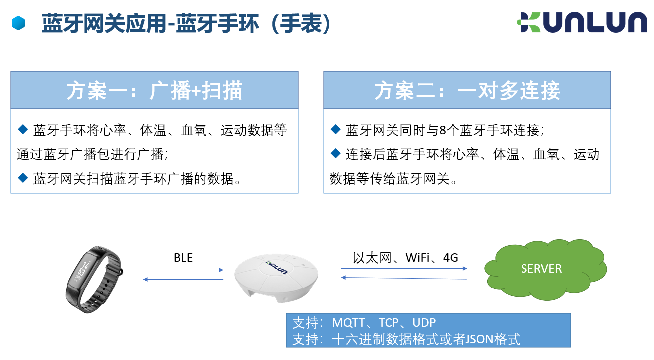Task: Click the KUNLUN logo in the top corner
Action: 582,22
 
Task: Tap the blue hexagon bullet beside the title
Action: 18,23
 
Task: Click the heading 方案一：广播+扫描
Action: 154,90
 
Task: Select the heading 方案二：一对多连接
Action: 467,90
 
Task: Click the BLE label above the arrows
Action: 183,258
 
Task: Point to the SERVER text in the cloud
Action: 541,269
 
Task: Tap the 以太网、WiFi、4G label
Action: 405,258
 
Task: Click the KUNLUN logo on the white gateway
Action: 277,267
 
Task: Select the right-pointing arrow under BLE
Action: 183,270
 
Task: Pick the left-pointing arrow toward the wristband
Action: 183,280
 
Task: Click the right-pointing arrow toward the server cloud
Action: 404,268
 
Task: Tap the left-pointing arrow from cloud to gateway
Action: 404,278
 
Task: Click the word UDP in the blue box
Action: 424,323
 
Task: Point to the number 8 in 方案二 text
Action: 443,130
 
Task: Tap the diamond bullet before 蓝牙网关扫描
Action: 23,178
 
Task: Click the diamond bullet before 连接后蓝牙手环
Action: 336,153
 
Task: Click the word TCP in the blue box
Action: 389,323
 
